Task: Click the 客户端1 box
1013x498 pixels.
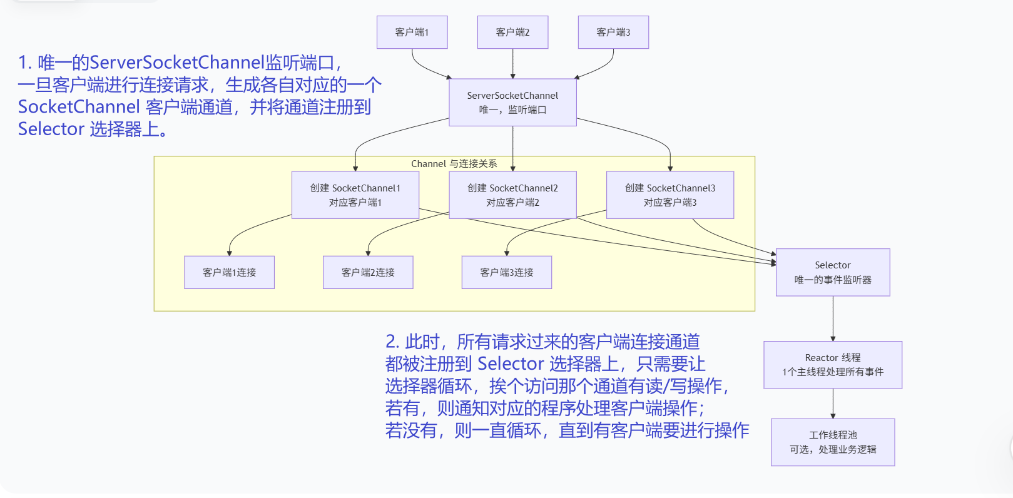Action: tap(412, 33)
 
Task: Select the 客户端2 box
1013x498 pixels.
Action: tap(512, 33)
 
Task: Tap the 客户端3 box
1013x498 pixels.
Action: tap(613, 33)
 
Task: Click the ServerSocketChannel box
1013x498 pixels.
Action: tap(512, 103)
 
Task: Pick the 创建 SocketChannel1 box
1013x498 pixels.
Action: tap(355, 195)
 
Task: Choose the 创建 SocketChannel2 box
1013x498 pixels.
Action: tap(512, 195)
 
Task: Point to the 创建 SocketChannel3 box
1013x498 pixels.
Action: tap(669, 195)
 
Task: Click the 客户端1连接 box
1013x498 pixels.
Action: tap(229, 272)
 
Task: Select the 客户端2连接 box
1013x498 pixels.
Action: tap(368, 272)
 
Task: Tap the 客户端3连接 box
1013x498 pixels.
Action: tap(506, 272)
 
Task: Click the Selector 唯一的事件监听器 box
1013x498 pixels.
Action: tap(833, 272)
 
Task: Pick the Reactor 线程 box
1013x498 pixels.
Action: tap(833, 365)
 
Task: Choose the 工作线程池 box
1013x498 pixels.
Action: tap(833, 442)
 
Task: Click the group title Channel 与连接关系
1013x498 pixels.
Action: tap(454, 164)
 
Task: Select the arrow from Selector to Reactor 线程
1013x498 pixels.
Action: tap(833, 318)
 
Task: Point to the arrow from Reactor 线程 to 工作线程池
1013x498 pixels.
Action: tap(833, 404)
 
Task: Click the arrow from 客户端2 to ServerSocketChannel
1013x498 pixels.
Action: tap(512, 63)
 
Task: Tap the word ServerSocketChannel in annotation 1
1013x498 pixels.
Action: tap(177, 63)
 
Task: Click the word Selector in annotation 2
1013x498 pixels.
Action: tap(511, 363)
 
